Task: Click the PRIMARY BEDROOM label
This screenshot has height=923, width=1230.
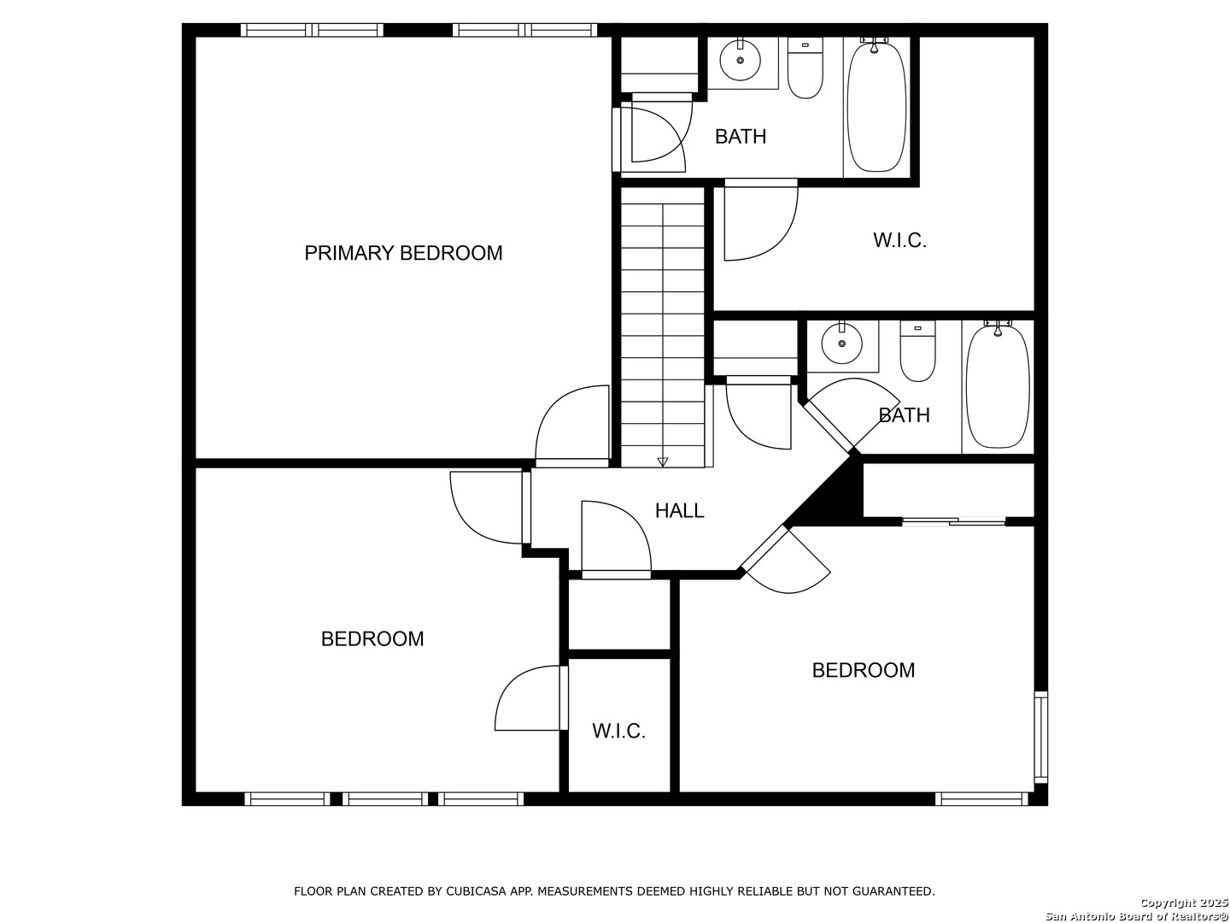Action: pos(403,253)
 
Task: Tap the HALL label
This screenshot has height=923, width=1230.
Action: pos(679,510)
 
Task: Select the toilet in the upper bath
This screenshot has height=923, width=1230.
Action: pos(805,68)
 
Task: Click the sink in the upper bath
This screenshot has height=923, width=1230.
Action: pos(740,60)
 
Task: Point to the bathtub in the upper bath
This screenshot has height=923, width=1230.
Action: pos(876,105)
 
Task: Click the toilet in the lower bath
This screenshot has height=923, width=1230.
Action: pos(917,351)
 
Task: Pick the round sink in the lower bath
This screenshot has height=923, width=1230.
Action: pos(841,343)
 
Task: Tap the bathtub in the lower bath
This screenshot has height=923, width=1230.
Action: pos(998,385)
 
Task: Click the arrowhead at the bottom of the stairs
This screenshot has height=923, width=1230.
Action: pos(662,461)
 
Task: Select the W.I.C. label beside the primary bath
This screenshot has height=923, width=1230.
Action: pos(899,240)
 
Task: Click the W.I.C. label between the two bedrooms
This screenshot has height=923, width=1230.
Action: pos(618,731)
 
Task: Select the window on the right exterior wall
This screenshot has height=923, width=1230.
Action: pos(1040,737)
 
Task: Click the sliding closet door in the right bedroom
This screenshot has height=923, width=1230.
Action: pos(954,521)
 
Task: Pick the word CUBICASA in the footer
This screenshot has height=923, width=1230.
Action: pos(472,891)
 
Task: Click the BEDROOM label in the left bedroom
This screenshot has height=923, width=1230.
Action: pos(372,639)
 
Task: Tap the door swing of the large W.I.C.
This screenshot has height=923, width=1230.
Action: pos(761,220)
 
